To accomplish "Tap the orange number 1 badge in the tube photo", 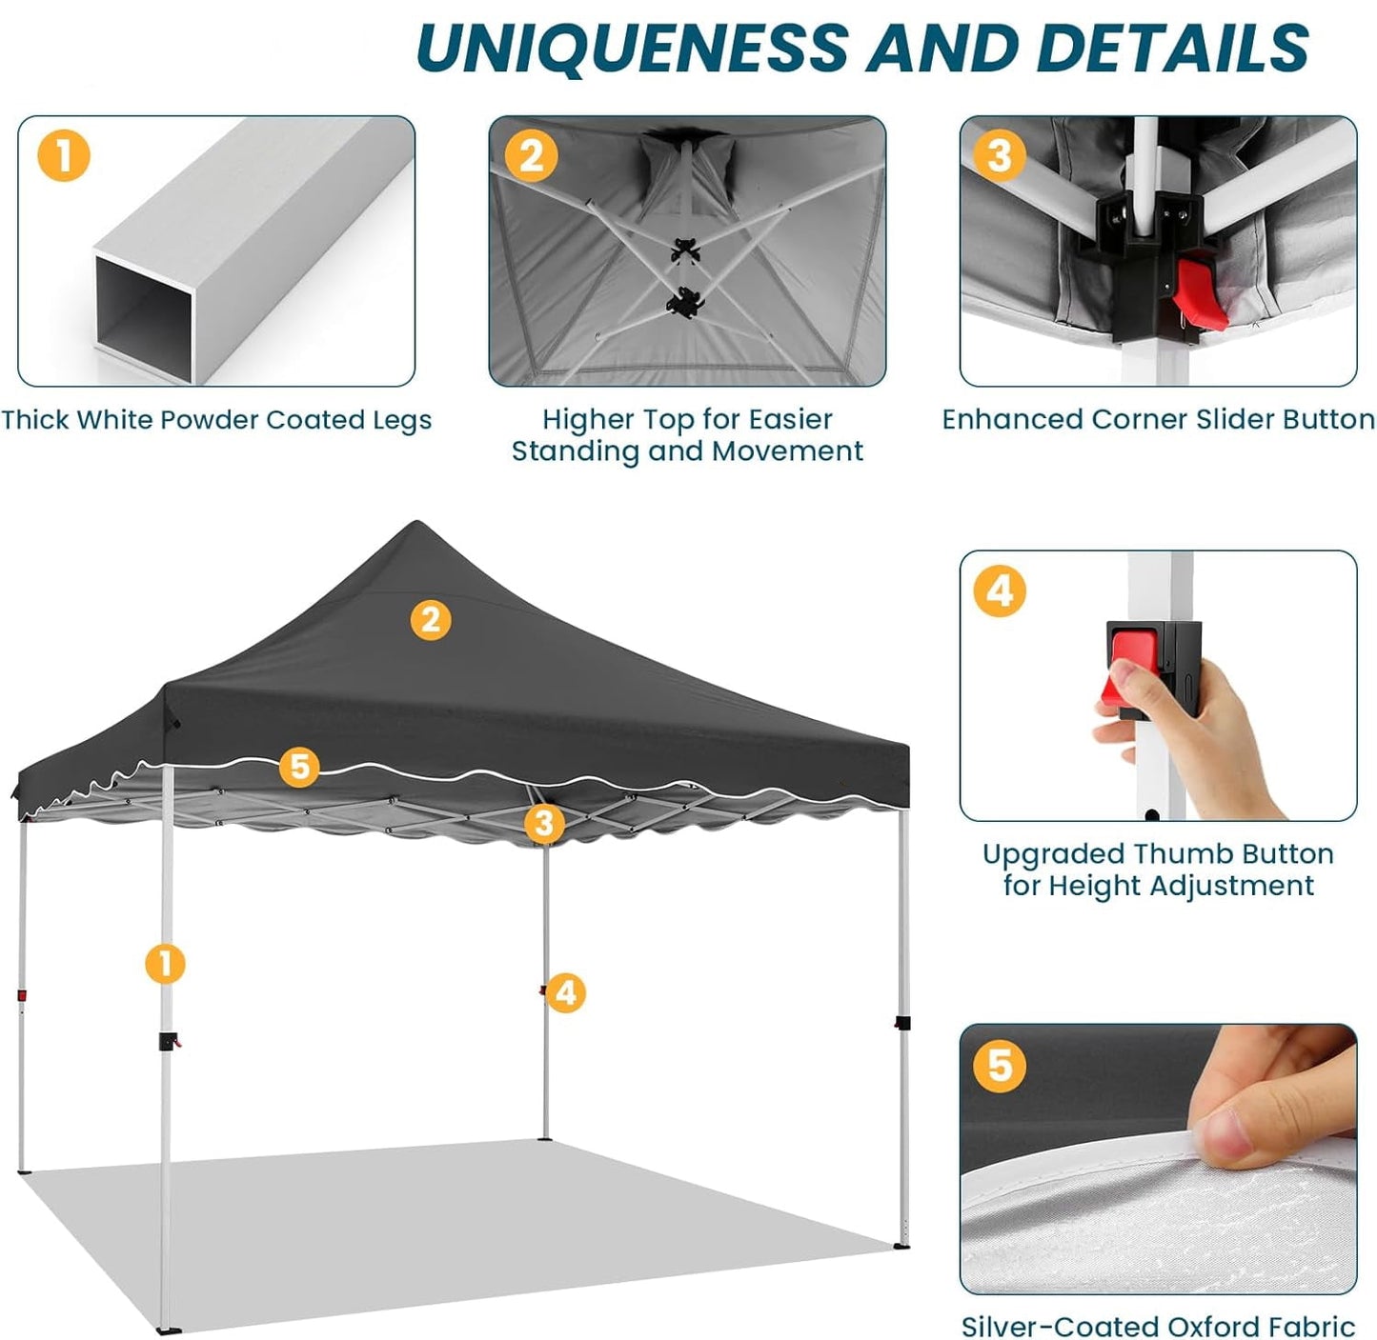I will [64, 155].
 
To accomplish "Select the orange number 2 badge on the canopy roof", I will [430, 620].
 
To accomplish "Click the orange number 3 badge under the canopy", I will [543, 823].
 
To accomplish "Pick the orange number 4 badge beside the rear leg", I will [566, 992].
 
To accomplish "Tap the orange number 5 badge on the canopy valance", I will [299, 767].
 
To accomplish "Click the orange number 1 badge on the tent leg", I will [165, 963].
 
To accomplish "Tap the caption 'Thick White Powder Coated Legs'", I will [216, 420].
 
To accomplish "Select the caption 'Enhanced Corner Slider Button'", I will [1157, 420].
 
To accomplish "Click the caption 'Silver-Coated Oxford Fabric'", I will [1157, 1326].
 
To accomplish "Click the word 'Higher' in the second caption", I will [587, 419].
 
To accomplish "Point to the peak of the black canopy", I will [416, 524].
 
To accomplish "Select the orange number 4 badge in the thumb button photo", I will [1000, 590].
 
